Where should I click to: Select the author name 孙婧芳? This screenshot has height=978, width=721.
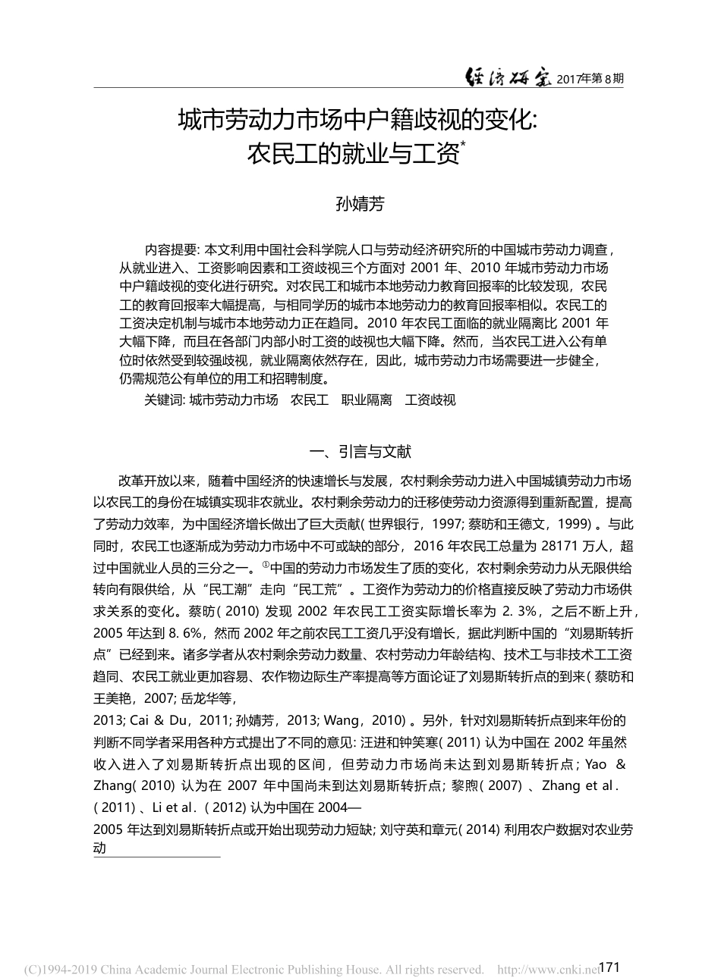360,204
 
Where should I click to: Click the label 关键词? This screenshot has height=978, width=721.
164,399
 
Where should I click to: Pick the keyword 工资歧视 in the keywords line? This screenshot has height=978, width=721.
431,399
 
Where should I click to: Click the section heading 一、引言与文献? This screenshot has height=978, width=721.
360,452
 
